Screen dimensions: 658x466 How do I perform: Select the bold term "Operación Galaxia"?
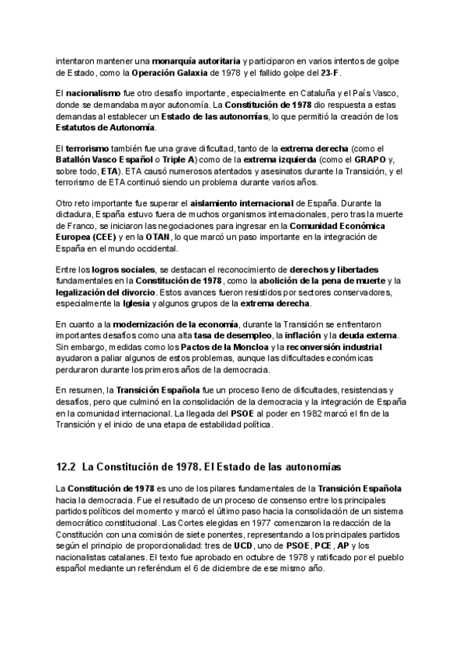click(x=169, y=72)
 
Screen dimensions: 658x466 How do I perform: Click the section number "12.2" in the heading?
click(x=65, y=467)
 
